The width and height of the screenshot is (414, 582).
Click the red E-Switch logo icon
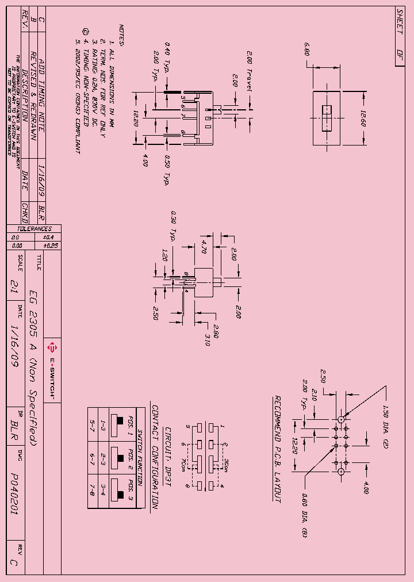[x=52, y=347]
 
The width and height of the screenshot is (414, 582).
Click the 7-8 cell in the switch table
[x=91, y=489]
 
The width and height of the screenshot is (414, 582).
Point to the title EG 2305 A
[x=33, y=314]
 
